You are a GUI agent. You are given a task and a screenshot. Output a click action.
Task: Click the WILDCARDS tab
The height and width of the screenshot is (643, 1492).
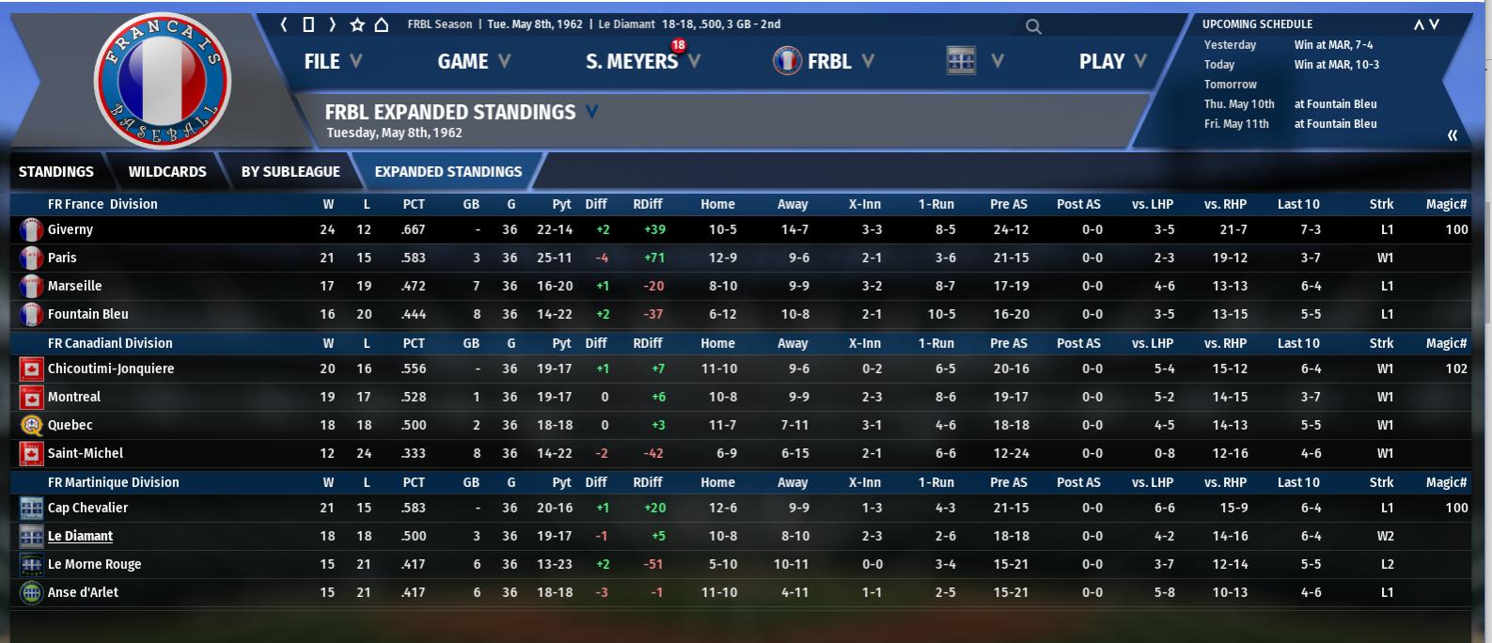pyautogui.click(x=167, y=172)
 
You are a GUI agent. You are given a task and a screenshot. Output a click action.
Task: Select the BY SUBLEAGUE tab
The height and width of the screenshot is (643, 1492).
pyautogui.click(x=291, y=172)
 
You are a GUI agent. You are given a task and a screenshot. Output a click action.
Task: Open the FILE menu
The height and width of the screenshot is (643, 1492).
pyautogui.click(x=322, y=62)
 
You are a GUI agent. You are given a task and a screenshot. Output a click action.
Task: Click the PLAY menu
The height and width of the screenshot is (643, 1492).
pyautogui.click(x=1102, y=62)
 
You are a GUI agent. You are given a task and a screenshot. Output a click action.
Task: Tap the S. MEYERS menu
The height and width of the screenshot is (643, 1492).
pyautogui.click(x=632, y=62)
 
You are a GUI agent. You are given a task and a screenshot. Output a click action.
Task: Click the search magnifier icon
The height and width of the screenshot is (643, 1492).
pyautogui.click(x=1033, y=26)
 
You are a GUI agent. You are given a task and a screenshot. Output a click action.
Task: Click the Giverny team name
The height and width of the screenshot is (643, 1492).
pyautogui.click(x=71, y=229)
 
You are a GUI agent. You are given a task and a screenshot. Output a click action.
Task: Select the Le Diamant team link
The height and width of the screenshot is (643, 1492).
pyautogui.click(x=81, y=536)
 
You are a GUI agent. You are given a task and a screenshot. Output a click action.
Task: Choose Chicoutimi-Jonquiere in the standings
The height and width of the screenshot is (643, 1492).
pyautogui.click(x=111, y=369)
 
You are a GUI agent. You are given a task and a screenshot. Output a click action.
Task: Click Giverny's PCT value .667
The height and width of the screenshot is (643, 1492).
pyautogui.click(x=413, y=229)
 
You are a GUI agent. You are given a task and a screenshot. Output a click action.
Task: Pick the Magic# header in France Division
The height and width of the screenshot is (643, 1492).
pyautogui.click(x=1446, y=204)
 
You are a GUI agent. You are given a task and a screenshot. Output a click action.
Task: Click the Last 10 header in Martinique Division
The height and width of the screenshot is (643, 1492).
pyautogui.click(x=1298, y=482)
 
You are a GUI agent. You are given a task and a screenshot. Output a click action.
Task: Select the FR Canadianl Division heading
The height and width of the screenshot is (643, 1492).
pyautogui.click(x=110, y=343)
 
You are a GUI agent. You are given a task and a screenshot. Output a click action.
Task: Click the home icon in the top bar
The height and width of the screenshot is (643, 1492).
pyautogui.click(x=382, y=24)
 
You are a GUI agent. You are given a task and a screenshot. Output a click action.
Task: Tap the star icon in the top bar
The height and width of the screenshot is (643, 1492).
pyautogui.click(x=357, y=24)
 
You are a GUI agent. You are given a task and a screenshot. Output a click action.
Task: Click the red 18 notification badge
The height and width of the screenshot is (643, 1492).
pyautogui.click(x=678, y=45)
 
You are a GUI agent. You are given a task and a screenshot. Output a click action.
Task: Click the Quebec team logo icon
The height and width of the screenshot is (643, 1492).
pyautogui.click(x=31, y=425)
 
